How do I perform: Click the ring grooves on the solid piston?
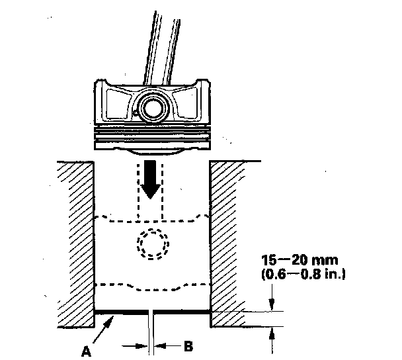151,136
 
